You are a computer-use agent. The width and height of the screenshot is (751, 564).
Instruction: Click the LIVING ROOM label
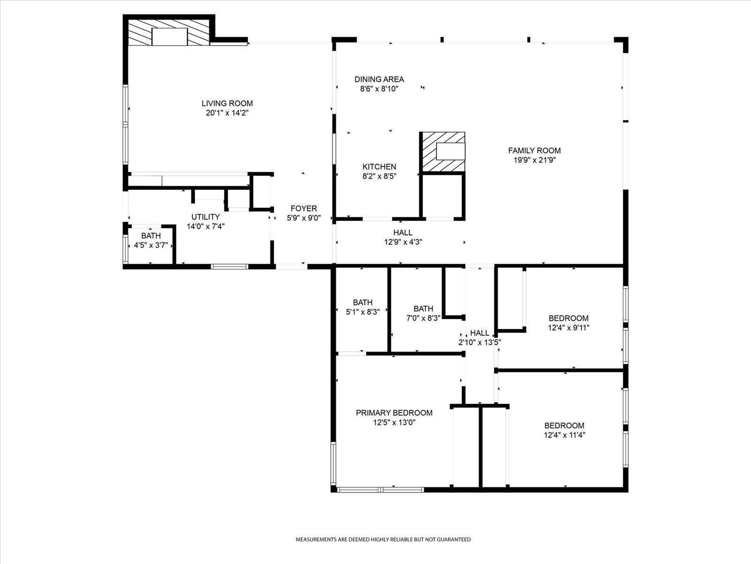pos(227,103)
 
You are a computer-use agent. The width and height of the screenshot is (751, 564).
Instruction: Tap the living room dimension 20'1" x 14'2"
pos(227,113)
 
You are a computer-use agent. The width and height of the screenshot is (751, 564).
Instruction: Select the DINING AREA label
pos(379,79)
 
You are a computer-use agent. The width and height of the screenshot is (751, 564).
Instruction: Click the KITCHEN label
pos(379,167)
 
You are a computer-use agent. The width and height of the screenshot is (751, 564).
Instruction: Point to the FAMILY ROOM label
pos(534,150)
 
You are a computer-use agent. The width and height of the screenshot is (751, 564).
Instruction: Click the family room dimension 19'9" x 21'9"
pos(534,160)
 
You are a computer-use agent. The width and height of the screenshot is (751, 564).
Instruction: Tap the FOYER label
pos(304,208)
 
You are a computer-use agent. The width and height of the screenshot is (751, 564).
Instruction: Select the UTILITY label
pos(205,217)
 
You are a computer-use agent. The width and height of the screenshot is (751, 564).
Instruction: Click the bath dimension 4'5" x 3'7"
pos(151,245)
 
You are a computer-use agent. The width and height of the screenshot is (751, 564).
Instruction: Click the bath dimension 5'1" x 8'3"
pos(362,312)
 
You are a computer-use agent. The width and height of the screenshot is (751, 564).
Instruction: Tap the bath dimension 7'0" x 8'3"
pos(423,318)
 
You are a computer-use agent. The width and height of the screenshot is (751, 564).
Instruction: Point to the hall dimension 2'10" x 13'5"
pos(480,343)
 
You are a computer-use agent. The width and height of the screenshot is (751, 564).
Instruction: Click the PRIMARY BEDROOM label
pos(394,413)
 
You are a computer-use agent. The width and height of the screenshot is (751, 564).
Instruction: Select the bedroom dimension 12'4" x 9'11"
pos(568,328)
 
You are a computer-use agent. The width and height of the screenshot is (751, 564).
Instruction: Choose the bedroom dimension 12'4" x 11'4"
pos(564,435)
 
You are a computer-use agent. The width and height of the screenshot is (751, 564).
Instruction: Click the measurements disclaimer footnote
pos(383,540)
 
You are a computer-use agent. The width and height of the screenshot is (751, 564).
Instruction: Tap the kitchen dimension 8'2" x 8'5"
pos(379,177)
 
